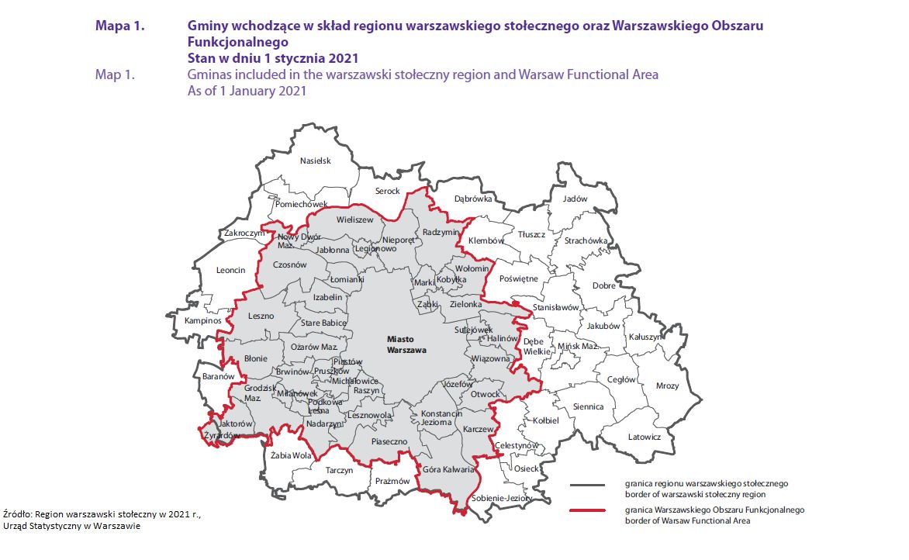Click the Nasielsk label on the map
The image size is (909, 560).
[x=316, y=161]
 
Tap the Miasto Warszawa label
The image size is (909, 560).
[x=406, y=344]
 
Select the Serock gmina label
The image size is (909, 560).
[x=387, y=191]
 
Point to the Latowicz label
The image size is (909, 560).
[x=644, y=437]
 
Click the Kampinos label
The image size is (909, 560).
[x=202, y=320]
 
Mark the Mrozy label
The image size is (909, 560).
[x=667, y=385]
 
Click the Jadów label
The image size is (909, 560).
[x=575, y=199]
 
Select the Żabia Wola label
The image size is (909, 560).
[x=291, y=455]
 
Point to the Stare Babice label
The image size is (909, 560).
[x=323, y=322]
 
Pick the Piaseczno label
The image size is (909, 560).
[x=389, y=441]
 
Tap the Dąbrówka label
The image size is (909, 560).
[x=473, y=199]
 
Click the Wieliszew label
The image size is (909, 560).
[x=354, y=220]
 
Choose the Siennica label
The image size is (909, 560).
[x=588, y=406]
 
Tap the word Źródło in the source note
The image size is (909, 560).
[x=19, y=514]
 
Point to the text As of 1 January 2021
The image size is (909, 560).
[x=247, y=91]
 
